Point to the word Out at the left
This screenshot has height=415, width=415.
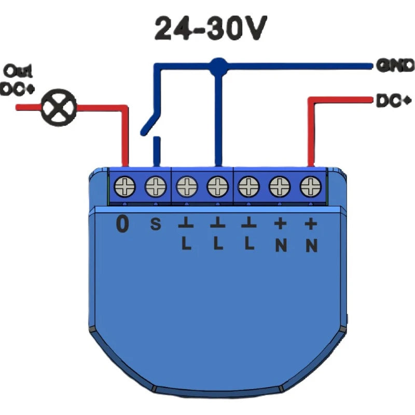(x=18, y=70)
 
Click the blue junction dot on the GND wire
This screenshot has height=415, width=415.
(x=218, y=65)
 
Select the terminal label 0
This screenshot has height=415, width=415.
(x=122, y=225)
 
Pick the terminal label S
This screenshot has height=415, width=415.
(x=155, y=225)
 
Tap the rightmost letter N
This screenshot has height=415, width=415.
(x=311, y=245)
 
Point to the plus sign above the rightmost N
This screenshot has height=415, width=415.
(x=311, y=224)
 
